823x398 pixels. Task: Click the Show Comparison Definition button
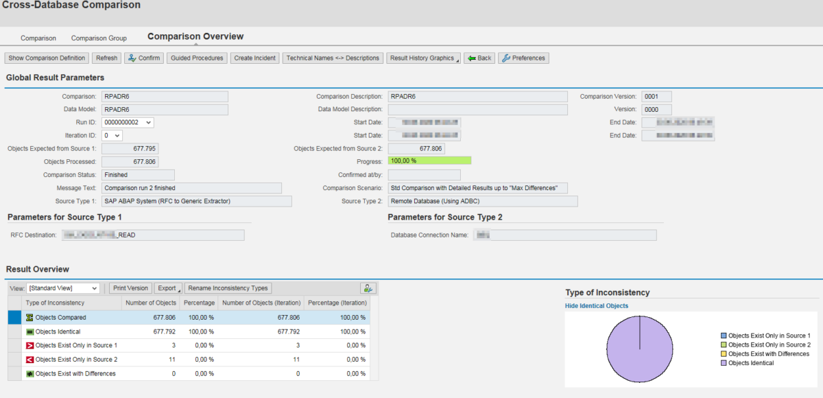(x=47, y=58)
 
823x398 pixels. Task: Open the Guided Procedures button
(x=197, y=58)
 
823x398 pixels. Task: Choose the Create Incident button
(x=255, y=58)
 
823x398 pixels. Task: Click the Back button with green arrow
(x=479, y=58)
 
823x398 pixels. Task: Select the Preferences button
(x=523, y=58)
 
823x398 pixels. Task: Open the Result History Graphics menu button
(x=424, y=58)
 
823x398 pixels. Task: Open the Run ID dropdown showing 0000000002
(x=128, y=122)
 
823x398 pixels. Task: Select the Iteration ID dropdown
(x=112, y=136)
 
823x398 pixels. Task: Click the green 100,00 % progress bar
(x=430, y=161)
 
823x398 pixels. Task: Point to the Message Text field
(x=191, y=188)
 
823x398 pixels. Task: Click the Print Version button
(x=130, y=288)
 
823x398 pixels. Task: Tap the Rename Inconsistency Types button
(x=228, y=288)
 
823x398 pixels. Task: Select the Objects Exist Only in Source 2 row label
(x=76, y=360)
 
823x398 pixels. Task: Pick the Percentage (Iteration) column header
(x=337, y=303)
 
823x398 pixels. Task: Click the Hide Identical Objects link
(x=596, y=306)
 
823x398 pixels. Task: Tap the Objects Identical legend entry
(x=751, y=363)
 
